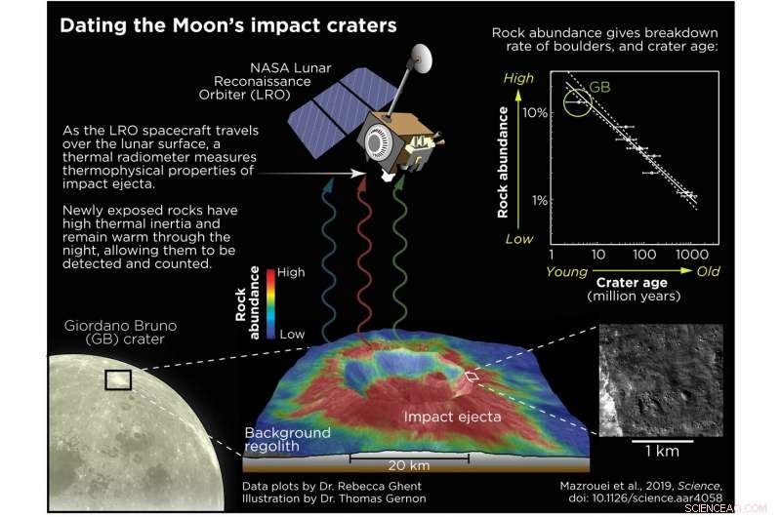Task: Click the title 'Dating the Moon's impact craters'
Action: pos(228,25)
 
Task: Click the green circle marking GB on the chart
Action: pos(577,99)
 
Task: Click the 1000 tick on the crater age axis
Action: pos(690,254)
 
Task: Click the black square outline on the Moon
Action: pos(118,379)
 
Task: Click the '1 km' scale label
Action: pos(660,453)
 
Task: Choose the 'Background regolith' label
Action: pos(287,439)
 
